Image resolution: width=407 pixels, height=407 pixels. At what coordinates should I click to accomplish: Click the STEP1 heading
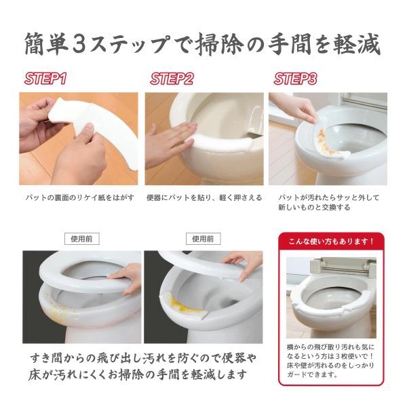click(45, 79)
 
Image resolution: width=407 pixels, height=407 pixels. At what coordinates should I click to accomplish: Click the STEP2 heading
click(172, 79)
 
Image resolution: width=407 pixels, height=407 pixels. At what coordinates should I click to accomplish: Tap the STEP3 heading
click(295, 79)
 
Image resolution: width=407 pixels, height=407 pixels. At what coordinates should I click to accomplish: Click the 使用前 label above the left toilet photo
click(82, 239)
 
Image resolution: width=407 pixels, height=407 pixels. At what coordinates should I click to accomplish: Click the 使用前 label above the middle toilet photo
click(203, 239)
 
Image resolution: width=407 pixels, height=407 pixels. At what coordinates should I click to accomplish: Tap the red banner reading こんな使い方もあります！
click(331, 241)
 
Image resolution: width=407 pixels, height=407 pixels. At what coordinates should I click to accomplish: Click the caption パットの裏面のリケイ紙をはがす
click(79, 198)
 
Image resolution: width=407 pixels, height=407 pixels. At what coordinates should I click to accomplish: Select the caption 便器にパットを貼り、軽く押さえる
click(204, 198)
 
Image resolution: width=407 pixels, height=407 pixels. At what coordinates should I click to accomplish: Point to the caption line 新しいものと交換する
click(314, 208)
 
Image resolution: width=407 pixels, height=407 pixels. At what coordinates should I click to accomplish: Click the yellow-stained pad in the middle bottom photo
click(182, 305)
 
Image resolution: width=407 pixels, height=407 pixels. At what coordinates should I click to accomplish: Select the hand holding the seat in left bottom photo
click(128, 279)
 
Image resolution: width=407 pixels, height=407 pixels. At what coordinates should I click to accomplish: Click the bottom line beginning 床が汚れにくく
click(137, 374)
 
